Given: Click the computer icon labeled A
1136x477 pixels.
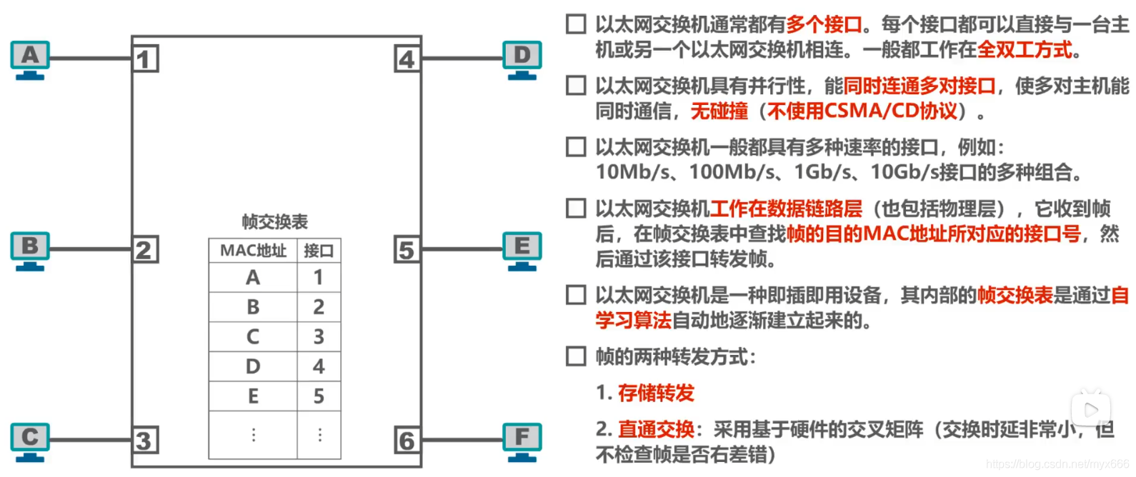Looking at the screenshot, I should pyautogui.click(x=30, y=59).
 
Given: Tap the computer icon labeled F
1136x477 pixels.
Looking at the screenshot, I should pyautogui.click(x=522, y=441).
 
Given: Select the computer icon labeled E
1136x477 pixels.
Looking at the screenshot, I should pyautogui.click(x=522, y=250).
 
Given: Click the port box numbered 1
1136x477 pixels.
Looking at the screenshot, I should pyautogui.click(x=145, y=59).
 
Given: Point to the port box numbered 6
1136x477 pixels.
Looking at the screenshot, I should pyautogui.click(x=407, y=440).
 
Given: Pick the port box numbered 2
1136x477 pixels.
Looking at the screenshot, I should pyautogui.click(x=145, y=250).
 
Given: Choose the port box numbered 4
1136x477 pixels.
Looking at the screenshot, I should pyautogui.click(x=407, y=59).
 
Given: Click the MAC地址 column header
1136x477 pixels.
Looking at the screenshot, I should pyautogui.click(x=253, y=251).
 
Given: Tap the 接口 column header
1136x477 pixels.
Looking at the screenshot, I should pyautogui.click(x=319, y=251).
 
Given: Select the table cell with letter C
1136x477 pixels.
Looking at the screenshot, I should pyautogui.click(x=253, y=336).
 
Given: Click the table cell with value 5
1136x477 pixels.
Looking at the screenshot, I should pyautogui.click(x=319, y=396).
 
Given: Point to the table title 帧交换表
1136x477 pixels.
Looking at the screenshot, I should pyautogui.click(x=275, y=221).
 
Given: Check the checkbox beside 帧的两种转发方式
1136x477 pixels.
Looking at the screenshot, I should pyautogui.click(x=576, y=356).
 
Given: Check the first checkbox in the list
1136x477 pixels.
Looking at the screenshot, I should pyautogui.click(x=576, y=24).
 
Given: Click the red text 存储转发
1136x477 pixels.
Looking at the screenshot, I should pyautogui.click(x=656, y=393).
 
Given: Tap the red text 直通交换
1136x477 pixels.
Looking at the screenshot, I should pyautogui.click(x=656, y=429).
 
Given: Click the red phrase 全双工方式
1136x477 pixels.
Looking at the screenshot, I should pyautogui.click(x=1025, y=49).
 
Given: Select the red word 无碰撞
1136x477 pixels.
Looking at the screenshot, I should pyautogui.click(x=719, y=111).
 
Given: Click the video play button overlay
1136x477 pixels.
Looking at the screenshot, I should pyautogui.click(x=1090, y=409).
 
